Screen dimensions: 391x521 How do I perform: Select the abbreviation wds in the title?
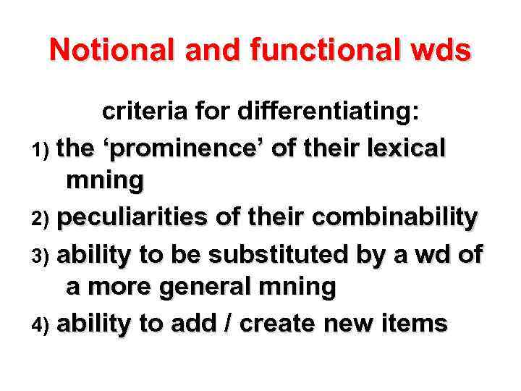click(x=443, y=50)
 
